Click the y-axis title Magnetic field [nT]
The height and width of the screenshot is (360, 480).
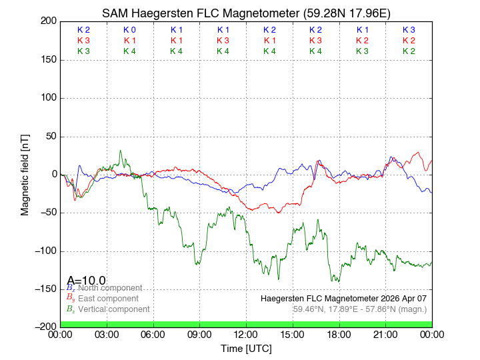25,173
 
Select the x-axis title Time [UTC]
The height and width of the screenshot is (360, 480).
247,348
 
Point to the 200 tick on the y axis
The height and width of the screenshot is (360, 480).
48,21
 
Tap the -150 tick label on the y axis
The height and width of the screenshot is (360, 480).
45,289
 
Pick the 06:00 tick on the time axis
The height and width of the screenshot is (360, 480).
153,334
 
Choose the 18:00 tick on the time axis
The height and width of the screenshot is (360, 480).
339,334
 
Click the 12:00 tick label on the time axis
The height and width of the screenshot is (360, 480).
246,334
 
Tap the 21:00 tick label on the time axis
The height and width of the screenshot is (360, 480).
385,334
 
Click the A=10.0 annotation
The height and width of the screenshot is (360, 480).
86,280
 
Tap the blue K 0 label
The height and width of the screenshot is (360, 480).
129,30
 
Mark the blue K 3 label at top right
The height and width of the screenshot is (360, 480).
409,30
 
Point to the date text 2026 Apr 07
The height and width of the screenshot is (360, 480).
402,298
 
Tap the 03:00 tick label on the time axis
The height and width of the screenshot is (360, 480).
107,334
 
